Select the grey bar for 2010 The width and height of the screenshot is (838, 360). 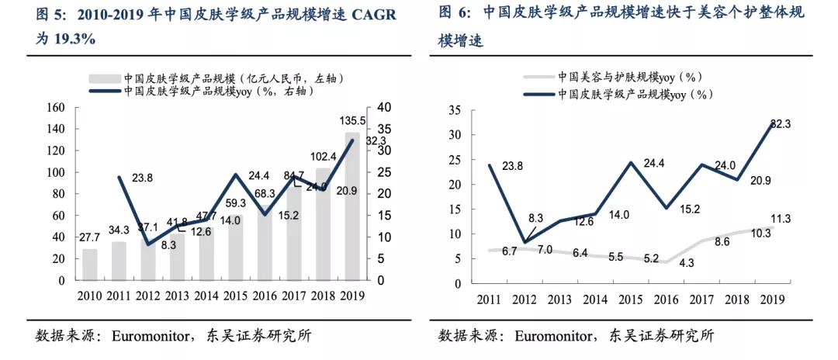[x=90, y=265]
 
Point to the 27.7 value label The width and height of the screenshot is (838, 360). [x=91, y=236]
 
